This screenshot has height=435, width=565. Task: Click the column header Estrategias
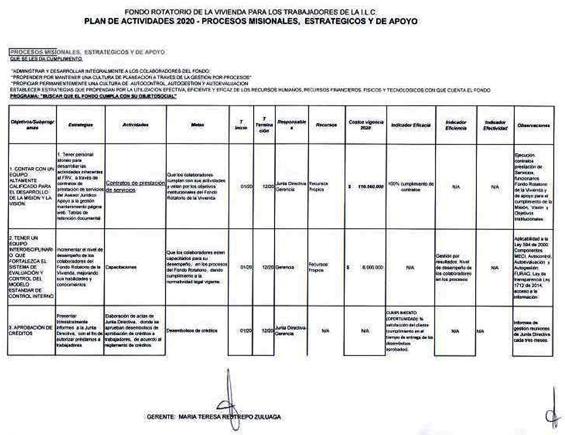(80, 125)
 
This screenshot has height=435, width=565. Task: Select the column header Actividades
(135, 125)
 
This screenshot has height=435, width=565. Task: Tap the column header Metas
(198, 125)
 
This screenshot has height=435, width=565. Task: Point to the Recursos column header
(326, 125)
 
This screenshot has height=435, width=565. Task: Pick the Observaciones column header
(533, 125)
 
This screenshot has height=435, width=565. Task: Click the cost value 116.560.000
(371, 186)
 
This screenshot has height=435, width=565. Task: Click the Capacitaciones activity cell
(121, 267)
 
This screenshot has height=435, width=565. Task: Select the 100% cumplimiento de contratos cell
(411, 186)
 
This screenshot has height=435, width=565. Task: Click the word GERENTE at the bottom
(160, 417)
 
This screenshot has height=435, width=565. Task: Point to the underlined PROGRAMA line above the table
(93, 96)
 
